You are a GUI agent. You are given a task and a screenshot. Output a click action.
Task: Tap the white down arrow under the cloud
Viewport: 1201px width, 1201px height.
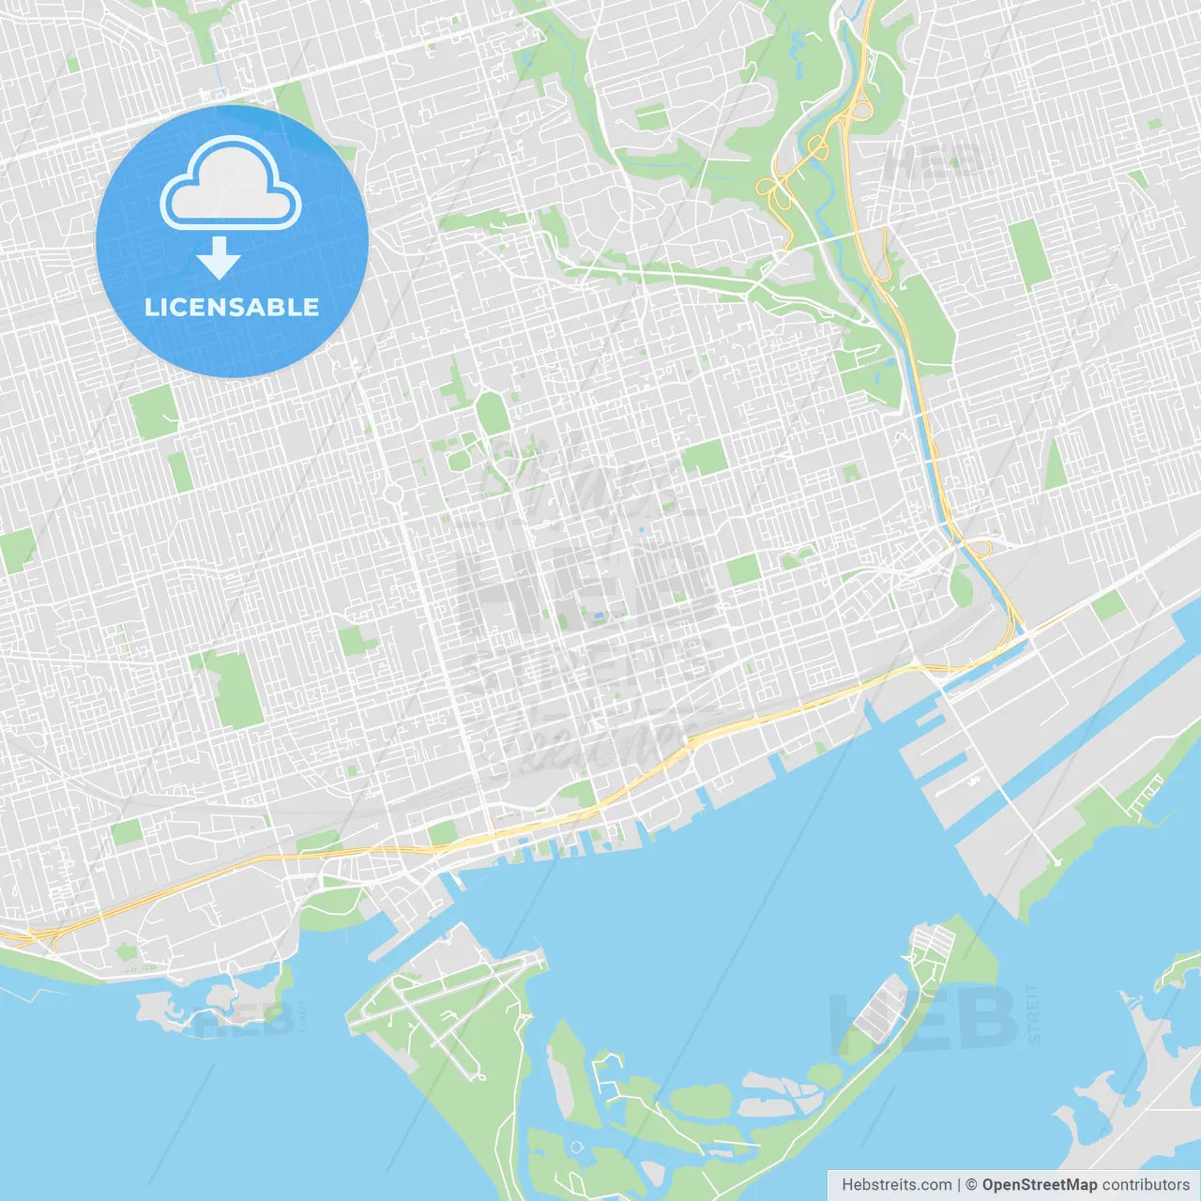click(220, 259)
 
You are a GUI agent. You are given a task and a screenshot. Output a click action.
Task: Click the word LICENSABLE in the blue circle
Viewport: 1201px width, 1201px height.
click(232, 308)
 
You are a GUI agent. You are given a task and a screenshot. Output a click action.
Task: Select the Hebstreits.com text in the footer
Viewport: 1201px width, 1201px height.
click(896, 1185)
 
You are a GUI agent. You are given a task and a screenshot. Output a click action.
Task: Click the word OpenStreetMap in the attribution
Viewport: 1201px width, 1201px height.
click(1039, 1185)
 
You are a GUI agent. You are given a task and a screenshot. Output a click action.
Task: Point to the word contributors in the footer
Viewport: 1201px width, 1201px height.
click(1146, 1185)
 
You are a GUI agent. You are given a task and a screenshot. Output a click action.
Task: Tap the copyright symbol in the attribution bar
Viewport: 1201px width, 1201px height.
click(971, 1185)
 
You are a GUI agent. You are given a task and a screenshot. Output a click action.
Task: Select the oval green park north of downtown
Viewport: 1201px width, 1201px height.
click(490, 414)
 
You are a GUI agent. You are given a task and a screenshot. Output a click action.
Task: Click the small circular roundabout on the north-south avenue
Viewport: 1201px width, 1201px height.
click(393, 494)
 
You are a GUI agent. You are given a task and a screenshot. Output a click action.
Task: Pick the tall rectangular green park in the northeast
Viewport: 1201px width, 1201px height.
click(1030, 253)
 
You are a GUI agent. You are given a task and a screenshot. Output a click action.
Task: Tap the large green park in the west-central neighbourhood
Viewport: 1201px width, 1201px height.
click(235, 690)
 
